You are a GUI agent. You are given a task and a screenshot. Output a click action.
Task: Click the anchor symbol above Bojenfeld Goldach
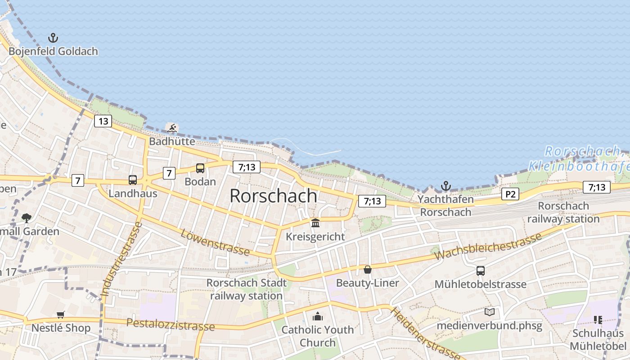point(53,38)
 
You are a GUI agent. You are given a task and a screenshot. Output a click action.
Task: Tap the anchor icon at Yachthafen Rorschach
point(445,186)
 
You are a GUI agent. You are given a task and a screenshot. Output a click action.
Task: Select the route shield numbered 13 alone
point(103,121)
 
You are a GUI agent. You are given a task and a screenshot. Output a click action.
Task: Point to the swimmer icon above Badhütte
point(172,128)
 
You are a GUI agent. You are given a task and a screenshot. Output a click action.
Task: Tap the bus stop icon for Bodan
point(200,168)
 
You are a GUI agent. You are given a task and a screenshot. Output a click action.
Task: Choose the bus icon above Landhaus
point(133,180)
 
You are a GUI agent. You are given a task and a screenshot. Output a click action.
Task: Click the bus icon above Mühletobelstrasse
point(481,271)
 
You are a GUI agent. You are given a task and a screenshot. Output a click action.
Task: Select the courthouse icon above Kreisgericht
point(315,223)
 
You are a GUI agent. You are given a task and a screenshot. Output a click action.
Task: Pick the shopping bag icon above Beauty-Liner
point(368,270)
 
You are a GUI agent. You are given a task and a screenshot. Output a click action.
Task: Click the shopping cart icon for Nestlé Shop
point(61,315)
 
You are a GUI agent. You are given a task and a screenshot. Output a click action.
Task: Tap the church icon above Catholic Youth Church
point(318,316)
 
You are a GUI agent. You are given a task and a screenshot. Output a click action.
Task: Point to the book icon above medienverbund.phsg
point(489,312)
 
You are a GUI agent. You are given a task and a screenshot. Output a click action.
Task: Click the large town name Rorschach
point(273,196)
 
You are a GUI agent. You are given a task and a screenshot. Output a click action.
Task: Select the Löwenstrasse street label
point(215,242)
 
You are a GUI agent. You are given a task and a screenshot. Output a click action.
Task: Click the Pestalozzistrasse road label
point(171,324)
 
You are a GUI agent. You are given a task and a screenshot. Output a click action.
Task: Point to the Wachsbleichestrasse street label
point(488,246)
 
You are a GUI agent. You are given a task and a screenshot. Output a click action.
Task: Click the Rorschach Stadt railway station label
point(247,289)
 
